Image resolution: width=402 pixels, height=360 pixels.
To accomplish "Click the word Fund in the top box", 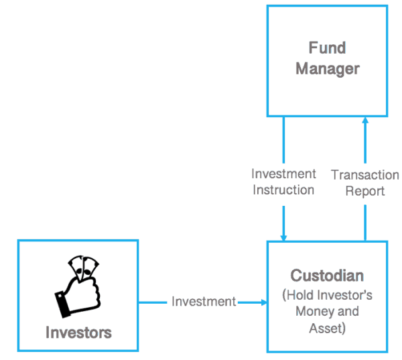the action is point(327,48).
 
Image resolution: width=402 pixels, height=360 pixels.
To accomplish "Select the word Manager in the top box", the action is point(328,69).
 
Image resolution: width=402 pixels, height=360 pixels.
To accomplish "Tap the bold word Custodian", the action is point(327,276).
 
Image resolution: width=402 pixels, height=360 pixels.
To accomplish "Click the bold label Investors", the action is point(78,333).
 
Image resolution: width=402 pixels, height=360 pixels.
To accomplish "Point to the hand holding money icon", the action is point(77,286).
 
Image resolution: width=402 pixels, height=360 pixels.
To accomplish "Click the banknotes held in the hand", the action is point(83,267).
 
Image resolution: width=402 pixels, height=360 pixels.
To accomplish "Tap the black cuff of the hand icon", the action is point(62,305).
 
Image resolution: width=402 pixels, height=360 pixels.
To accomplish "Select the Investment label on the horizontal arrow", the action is point(204,302).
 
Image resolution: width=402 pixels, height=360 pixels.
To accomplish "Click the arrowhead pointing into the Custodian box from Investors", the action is point(264,302).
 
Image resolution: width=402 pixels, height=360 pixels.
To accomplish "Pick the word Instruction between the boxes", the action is point(283,190).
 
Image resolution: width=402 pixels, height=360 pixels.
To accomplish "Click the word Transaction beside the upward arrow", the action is point(365,175).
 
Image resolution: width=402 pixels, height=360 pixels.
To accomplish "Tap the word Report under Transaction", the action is point(365,191).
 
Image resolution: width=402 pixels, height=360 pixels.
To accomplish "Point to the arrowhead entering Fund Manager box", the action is point(365,120).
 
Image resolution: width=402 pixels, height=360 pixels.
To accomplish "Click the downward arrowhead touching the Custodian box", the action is point(283,238).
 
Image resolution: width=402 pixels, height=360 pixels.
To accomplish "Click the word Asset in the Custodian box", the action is point(325,328).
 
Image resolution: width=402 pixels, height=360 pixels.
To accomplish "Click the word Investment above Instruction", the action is point(283,174).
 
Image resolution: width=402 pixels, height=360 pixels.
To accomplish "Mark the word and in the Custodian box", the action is point(348,312).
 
